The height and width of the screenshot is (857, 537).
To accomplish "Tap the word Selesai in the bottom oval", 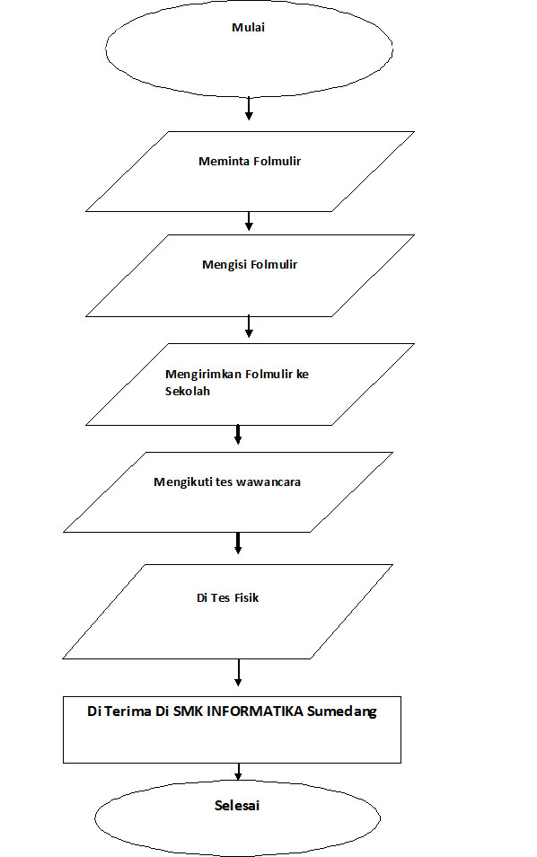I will click(x=237, y=806).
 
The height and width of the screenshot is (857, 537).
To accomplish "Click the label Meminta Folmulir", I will click(x=249, y=162).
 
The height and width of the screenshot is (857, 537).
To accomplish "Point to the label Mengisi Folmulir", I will click(x=250, y=265).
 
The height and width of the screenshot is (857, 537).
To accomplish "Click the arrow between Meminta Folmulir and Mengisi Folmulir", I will click(x=249, y=221).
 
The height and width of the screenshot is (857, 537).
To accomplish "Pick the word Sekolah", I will click(x=188, y=392).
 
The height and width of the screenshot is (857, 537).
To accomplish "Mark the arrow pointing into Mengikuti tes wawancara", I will click(x=239, y=435).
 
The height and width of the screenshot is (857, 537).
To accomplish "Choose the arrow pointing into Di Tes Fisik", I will click(x=239, y=543).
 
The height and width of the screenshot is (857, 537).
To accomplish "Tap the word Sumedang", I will click(x=343, y=711).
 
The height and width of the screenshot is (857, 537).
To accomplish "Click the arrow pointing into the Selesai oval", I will click(x=239, y=771).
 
